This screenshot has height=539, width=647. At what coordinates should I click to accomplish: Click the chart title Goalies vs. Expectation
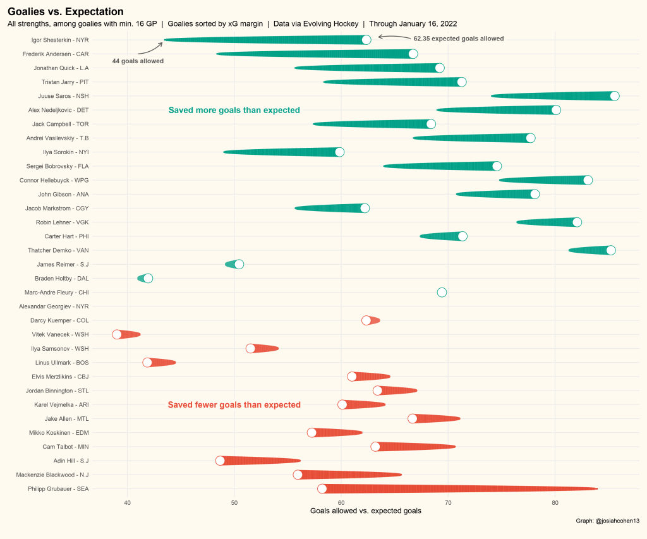[x=65, y=11]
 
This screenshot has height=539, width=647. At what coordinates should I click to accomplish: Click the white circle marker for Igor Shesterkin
[x=366, y=40]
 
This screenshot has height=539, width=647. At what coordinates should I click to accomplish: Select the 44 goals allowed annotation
[x=138, y=61]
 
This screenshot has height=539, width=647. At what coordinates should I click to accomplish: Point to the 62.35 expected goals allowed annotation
[x=459, y=39]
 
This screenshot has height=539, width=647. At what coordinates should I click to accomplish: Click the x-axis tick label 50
[x=234, y=502]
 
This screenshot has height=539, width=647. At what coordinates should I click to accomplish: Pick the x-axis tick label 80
[x=555, y=502]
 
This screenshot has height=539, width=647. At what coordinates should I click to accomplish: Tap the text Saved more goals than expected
[x=234, y=110]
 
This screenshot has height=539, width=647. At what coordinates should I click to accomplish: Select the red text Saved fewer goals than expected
[x=234, y=405]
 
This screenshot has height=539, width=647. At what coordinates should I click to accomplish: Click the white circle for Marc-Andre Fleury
[x=442, y=292]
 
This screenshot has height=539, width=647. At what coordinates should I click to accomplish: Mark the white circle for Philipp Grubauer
[x=322, y=488]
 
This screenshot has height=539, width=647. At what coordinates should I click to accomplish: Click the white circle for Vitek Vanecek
[x=117, y=334]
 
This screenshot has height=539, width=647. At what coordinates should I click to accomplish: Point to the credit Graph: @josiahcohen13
[x=607, y=521]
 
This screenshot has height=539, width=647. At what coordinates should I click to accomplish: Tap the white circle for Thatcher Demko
[x=610, y=250]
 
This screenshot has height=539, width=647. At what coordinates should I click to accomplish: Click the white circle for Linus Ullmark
[x=147, y=363]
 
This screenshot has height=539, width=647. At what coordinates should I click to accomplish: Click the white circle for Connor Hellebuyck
[x=588, y=180]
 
